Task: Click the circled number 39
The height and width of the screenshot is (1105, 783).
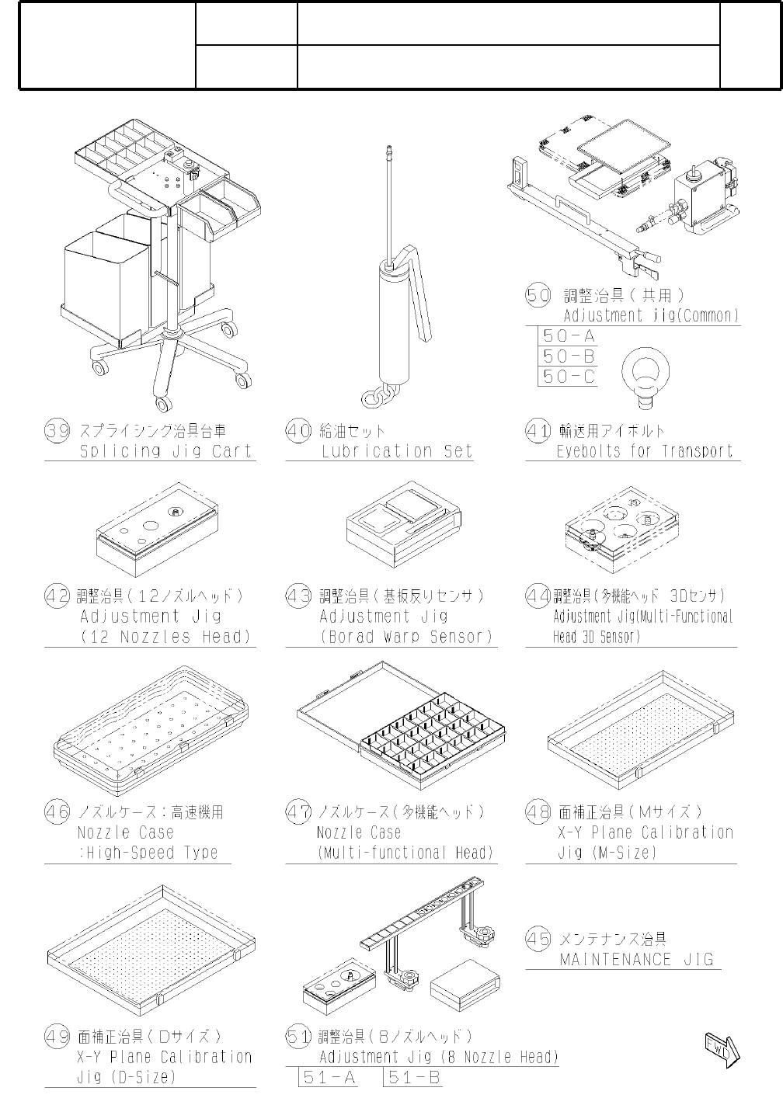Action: pos(57,431)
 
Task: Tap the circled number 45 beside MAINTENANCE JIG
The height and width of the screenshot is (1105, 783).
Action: pos(538,938)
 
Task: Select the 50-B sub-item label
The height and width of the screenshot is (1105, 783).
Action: pos(569,356)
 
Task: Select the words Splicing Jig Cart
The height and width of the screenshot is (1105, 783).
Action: pos(165,451)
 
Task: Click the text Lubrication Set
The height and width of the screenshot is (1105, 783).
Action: pos(397,451)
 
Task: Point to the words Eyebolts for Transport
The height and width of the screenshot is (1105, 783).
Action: pos(645,451)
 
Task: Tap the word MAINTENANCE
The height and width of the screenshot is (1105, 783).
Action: pos(615,960)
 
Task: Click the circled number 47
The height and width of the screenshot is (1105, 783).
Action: pos(298,811)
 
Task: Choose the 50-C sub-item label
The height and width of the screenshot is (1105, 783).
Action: pos(569,377)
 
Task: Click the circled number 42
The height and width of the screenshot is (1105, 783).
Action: pos(57,596)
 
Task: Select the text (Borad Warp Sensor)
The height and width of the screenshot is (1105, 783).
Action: pos(406,636)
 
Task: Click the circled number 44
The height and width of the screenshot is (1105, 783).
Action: pos(538,596)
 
